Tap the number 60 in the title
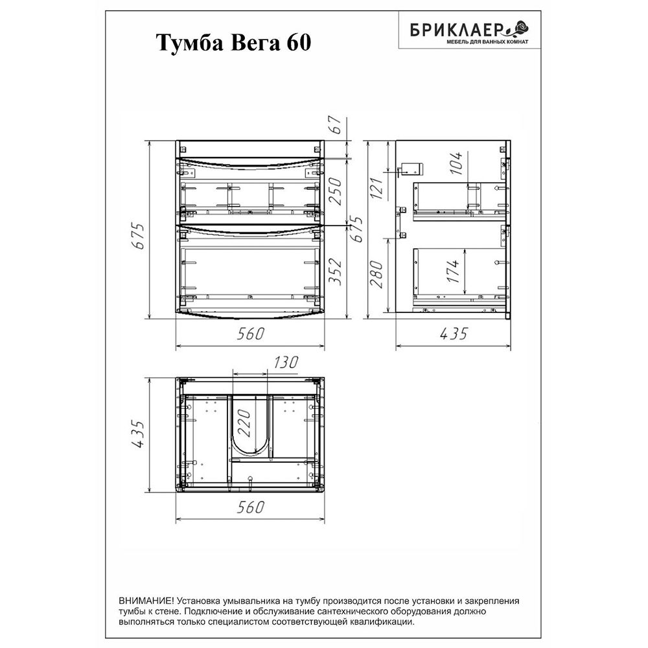click(x=297, y=43)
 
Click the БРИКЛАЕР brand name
click(x=456, y=30)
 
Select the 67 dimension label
click(x=336, y=125)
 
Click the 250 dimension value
click(x=336, y=191)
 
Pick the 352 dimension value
click(x=335, y=272)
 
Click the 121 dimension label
click(x=376, y=188)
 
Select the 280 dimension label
click(x=376, y=274)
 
